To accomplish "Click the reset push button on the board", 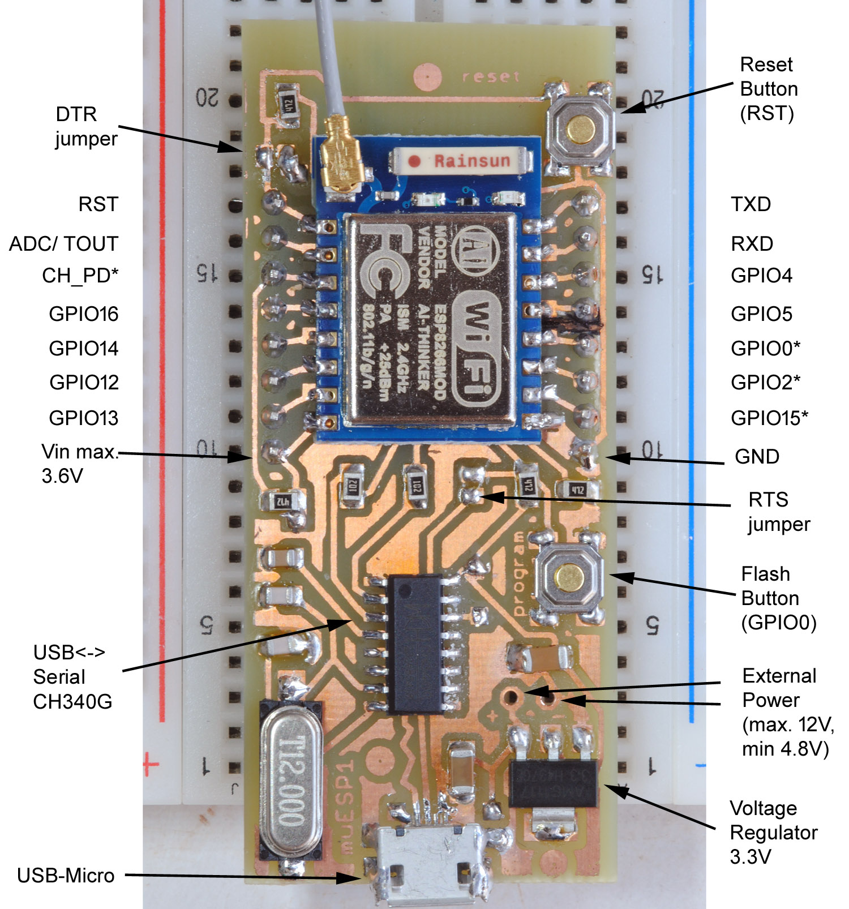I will [581, 130].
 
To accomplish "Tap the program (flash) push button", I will [569, 577].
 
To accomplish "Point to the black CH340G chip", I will [415, 644].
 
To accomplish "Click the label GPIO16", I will [84, 314].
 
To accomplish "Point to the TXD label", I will [751, 204].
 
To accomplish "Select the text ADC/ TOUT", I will [63, 244].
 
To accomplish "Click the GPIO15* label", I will [769, 418].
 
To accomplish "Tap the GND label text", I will [757, 456].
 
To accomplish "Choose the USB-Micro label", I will [66, 876].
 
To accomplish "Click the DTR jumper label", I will [86, 126].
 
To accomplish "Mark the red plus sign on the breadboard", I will [151, 764].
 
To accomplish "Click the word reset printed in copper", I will [490, 76].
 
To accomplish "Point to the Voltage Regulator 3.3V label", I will [773, 832].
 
